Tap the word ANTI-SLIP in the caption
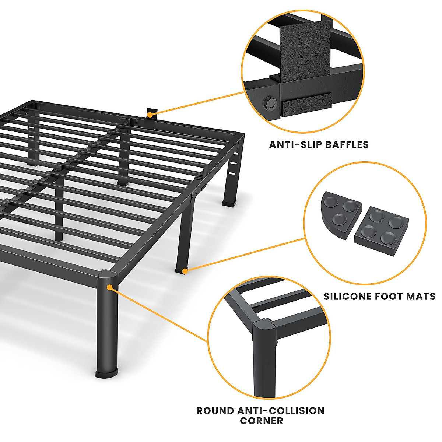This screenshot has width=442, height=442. tap(290, 145)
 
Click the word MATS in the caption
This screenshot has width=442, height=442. tap(421, 296)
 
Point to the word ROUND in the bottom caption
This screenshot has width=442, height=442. tap(215, 411)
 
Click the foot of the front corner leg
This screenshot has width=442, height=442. tap(107, 373)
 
